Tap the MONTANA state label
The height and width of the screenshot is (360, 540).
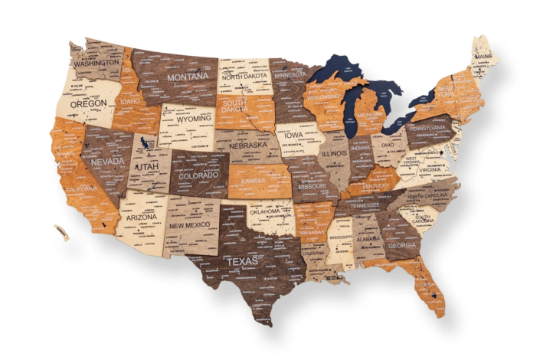point(188,77)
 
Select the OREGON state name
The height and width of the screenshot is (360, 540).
point(88,103)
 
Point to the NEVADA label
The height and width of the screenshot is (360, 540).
point(108,162)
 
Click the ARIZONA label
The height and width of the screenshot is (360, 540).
point(142,217)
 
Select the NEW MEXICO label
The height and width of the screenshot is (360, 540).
point(190,226)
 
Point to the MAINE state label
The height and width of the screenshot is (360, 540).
point(483,56)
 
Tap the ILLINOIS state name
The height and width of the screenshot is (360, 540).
point(335,153)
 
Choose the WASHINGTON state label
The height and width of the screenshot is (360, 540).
point(101,64)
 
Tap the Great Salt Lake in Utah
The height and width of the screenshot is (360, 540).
point(143,143)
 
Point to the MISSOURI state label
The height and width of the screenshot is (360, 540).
point(312,186)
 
